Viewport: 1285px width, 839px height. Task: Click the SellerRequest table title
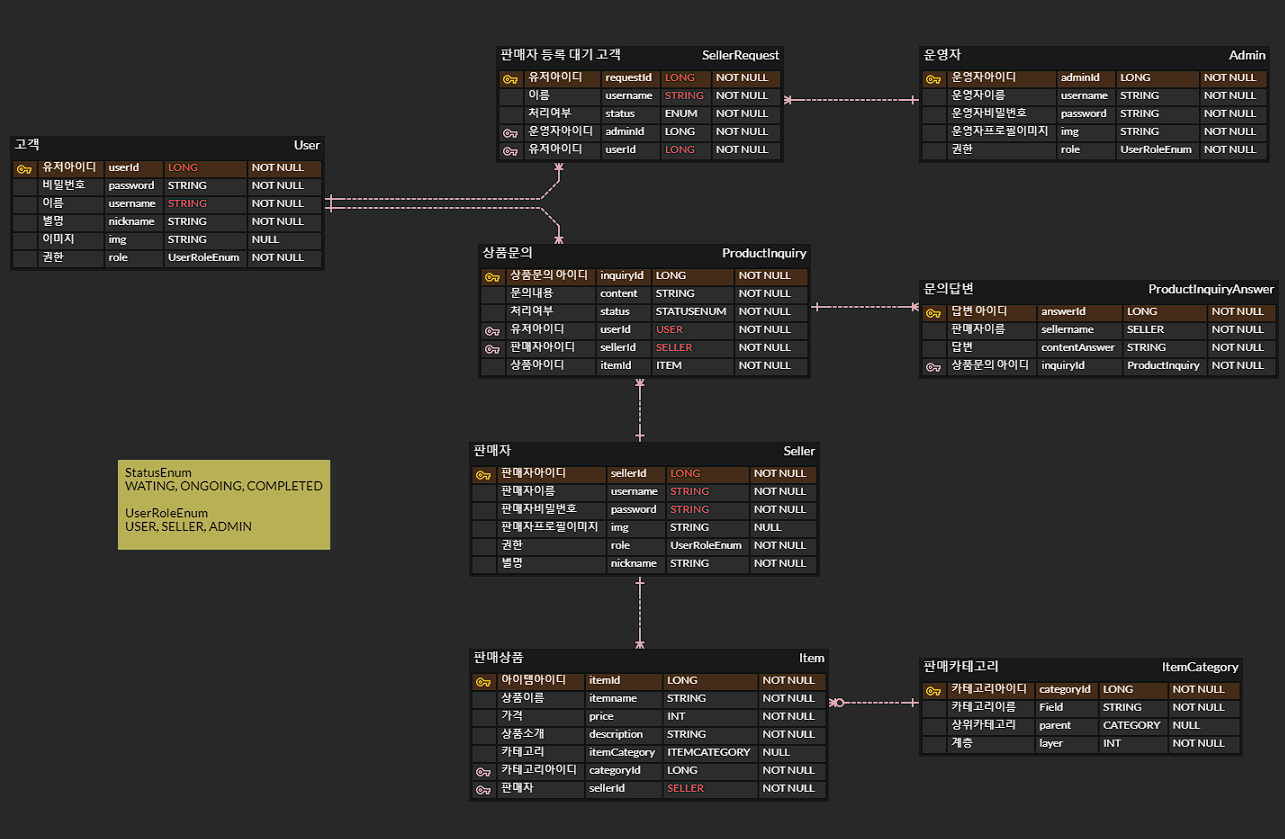[x=740, y=55]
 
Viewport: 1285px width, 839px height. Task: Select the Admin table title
[x=1247, y=55]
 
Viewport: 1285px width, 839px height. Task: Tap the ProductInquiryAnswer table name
[x=1210, y=289]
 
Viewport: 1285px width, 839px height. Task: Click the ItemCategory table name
[x=1200, y=667]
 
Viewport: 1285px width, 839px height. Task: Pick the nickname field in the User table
[x=131, y=221]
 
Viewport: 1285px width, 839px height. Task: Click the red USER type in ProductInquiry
[x=669, y=329]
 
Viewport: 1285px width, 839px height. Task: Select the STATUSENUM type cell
[x=691, y=311]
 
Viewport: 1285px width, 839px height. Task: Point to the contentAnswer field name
[x=1077, y=348]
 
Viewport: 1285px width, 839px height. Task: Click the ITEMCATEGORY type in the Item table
[x=708, y=752]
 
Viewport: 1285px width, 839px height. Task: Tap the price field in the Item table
[x=601, y=716]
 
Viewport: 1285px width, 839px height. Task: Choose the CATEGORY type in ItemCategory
[x=1131, y=725]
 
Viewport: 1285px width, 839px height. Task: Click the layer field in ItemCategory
[x=1050, y=743]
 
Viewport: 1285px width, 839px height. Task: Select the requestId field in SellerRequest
[x=628, y=77]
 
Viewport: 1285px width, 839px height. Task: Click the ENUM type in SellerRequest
[x=681, y=114]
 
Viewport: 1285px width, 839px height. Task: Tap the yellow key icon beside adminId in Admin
[x=933, y=79]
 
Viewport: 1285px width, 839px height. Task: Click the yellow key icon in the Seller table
[x=483, y=475]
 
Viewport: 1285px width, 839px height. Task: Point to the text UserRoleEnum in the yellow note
[x=166, y=513]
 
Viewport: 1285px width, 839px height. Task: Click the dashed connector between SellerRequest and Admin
[x=851, y=100]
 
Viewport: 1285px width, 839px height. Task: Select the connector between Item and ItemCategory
[x=874, y=703]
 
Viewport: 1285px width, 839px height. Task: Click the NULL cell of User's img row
[x=265, y=239]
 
